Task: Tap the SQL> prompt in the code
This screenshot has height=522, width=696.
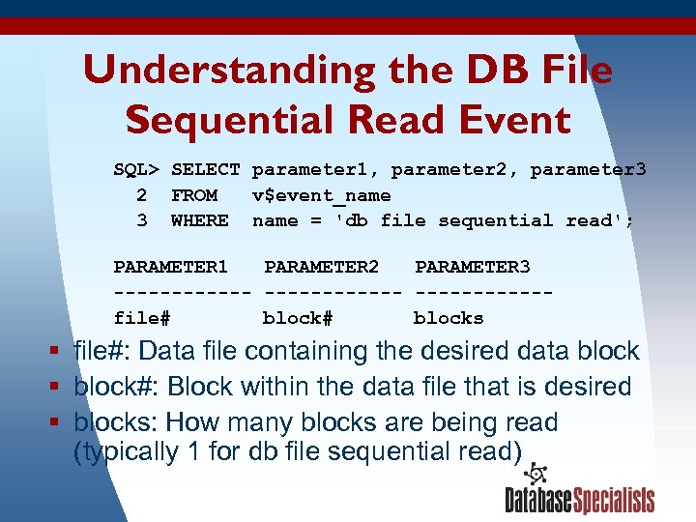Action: click(136, 170)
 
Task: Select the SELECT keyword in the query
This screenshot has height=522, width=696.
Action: click(206, 170)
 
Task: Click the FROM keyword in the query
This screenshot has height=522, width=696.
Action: click(194, 195)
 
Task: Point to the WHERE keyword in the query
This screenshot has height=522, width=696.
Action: click(200, 220)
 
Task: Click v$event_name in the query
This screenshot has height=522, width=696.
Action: click(321, 195)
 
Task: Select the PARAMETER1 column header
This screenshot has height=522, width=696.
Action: click(171, 267)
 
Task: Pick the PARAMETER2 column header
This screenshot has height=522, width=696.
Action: click(322, 267)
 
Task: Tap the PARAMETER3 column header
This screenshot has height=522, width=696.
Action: click(473, 267)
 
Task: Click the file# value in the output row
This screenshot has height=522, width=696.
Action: click(142, 317)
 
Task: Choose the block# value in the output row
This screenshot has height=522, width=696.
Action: click(298, 317)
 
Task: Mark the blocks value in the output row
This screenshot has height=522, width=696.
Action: click(449, 317)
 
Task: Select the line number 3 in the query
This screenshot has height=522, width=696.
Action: click(142, 220)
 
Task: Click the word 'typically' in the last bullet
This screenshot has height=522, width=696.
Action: click(127, 451)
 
